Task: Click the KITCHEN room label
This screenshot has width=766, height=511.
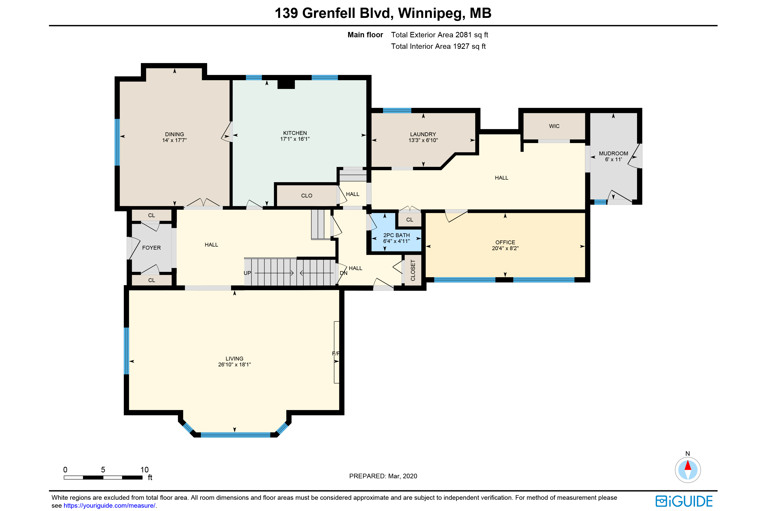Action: [x=295, y=133]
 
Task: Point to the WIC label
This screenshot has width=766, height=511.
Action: [x=554, y=126]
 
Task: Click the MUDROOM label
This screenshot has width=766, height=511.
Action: [x=613, y=154]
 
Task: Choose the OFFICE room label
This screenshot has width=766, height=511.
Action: [x=505, y=242]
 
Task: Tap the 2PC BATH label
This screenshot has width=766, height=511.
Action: [x=396, y=235]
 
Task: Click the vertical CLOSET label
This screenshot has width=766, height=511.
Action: [x=413, y=270]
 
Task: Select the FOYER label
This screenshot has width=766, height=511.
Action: [x=151, y=248]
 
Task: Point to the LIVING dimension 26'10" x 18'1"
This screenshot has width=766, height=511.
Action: [x=234, y=364]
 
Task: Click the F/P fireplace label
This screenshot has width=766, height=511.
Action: [x=336, y=354]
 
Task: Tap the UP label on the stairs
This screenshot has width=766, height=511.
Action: [x=247, y=273]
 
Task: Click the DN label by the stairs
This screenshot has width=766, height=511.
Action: [x=344, y=273]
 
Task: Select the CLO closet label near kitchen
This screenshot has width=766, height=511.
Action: [x=306, y=195]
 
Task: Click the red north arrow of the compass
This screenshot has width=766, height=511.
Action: [x=688, y=465]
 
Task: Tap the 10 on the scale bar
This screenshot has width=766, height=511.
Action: [x=144, y=470]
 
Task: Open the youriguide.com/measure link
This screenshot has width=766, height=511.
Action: [x=110, y=505]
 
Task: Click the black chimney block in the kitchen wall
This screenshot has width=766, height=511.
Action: [x=286, y=84]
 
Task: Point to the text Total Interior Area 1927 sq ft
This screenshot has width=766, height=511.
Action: [x=438, y=46]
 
